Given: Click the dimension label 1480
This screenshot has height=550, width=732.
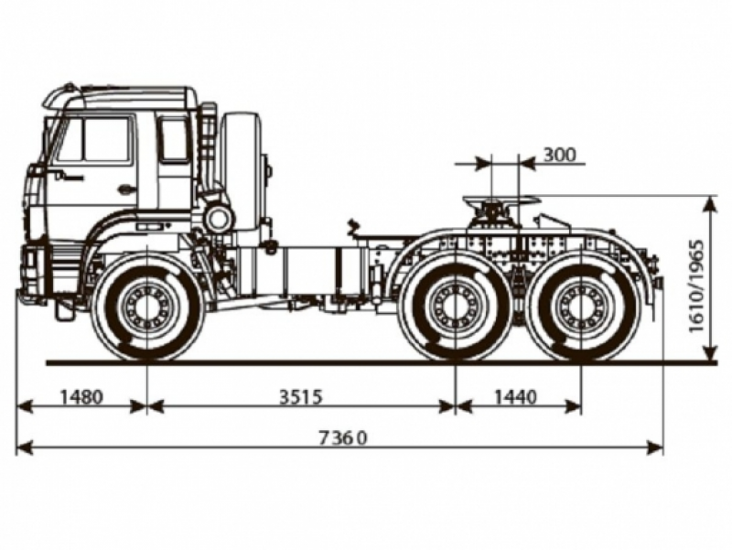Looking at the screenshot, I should pos(81,396).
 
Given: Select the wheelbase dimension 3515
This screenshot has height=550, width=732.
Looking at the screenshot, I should pos(301,396).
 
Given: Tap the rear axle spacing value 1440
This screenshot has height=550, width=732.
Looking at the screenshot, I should pos(517,396).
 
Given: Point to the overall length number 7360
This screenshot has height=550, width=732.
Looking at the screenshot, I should pos(343,437).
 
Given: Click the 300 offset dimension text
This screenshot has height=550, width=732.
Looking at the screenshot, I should pos(559,154).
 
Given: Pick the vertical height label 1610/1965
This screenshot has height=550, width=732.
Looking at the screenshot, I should pos(698,285).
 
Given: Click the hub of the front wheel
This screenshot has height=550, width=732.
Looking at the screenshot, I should pos(147,307).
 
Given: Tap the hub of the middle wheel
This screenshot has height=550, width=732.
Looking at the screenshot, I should pos(455,307).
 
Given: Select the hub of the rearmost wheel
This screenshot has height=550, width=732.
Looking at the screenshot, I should pos(580,307).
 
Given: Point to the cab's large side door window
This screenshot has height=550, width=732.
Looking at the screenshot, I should pos(95,140).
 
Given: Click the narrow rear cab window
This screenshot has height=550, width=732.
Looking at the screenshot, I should pos(173,139).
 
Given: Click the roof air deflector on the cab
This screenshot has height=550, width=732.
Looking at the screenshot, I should pos(64,93).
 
